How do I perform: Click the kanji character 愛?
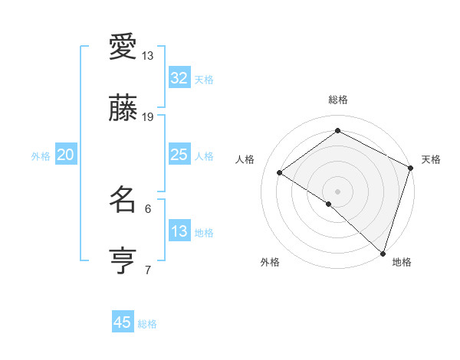[x=123, y=47]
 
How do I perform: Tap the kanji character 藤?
[x=123, y=108]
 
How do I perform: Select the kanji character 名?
[x=123, y=200]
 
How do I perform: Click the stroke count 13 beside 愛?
[x=148, y=56]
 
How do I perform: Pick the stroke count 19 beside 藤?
[x=148, y=116]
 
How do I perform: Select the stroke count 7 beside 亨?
[x=148, y=269]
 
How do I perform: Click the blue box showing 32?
[x=179, y=77]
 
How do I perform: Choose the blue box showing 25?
[x=179, y=155]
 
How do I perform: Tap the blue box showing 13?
[x=179, y=231]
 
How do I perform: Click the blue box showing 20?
[x=66, y=155]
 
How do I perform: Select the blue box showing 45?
[x=123, y=322]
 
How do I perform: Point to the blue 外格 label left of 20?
[x=41, y=155]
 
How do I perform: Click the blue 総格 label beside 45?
[x=147, y=324]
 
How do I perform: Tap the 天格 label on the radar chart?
[x=431, y=159]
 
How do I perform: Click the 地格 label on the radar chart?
[x=402, y=263]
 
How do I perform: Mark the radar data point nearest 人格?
[x=280, y=172]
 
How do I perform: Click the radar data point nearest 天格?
[x=410, y=168]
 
